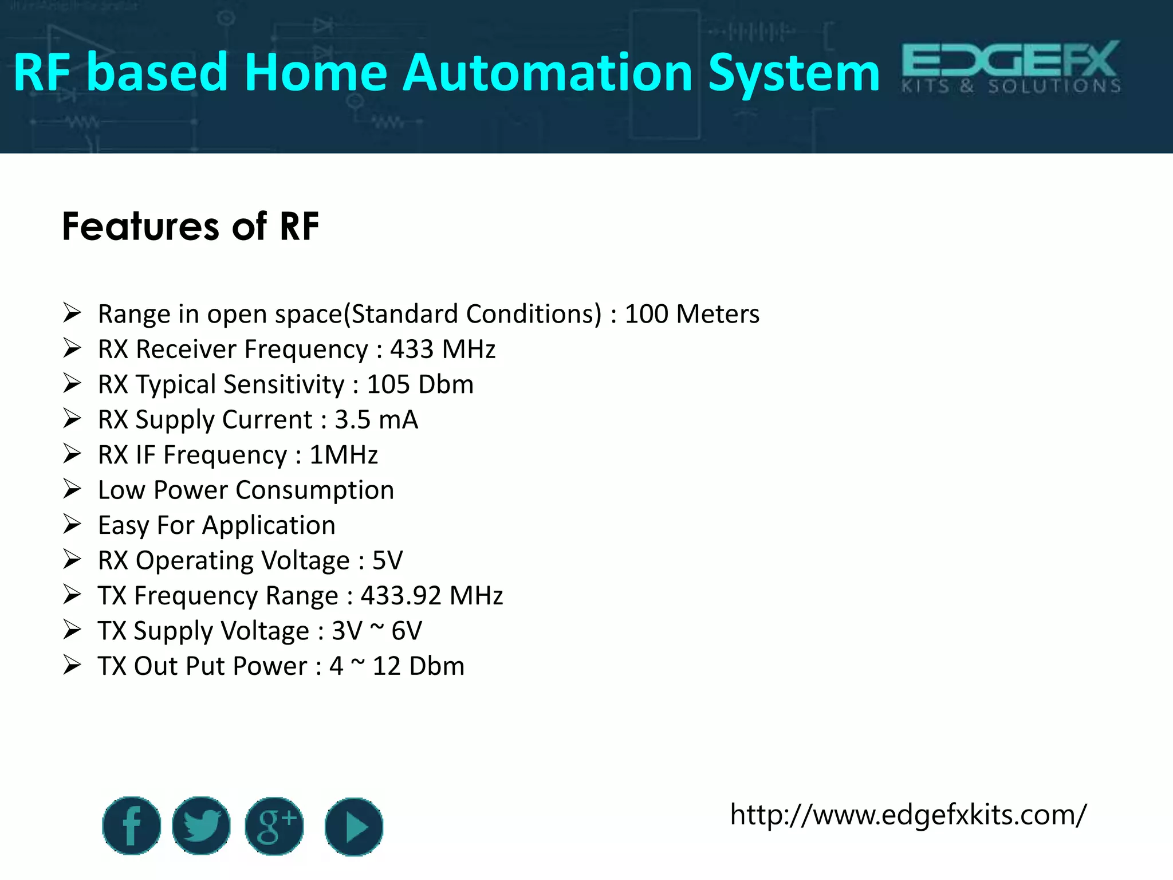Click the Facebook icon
coord(131,826)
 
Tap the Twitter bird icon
coord(201,826)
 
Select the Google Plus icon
coord(274,826)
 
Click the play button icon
coord(354,827)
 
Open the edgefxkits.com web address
coord(908,815)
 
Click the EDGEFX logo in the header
coord(1011,67)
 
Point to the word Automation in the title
coord(548,73)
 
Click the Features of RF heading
coord(190,226)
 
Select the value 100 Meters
coord(692,314)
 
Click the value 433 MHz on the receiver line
coord(443,349)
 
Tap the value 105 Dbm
coord(420,384)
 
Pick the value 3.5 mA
coord(376,420)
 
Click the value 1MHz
coord(344,455)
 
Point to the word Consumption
coord(314,490)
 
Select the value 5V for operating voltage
coord(387,560)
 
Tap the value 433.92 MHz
coord(431,596)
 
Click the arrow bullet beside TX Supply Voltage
coord(72,630)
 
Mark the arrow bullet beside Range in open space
coord(72,313)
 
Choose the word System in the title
coord(794,73)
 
